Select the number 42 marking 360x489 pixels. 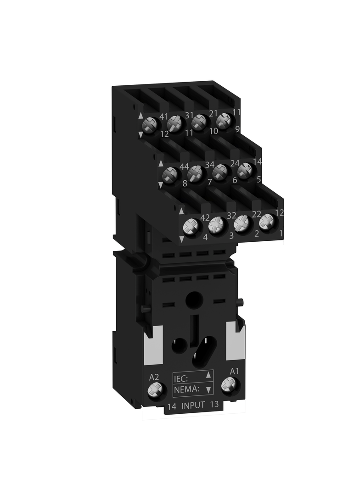point(205,217)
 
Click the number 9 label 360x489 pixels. point(237,129)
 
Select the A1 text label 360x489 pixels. point(234,371)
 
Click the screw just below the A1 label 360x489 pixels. point(227,385)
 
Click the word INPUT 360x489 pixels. point(194,406)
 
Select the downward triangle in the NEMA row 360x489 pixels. point(209,390)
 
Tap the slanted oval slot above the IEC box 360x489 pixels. point(201,354)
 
